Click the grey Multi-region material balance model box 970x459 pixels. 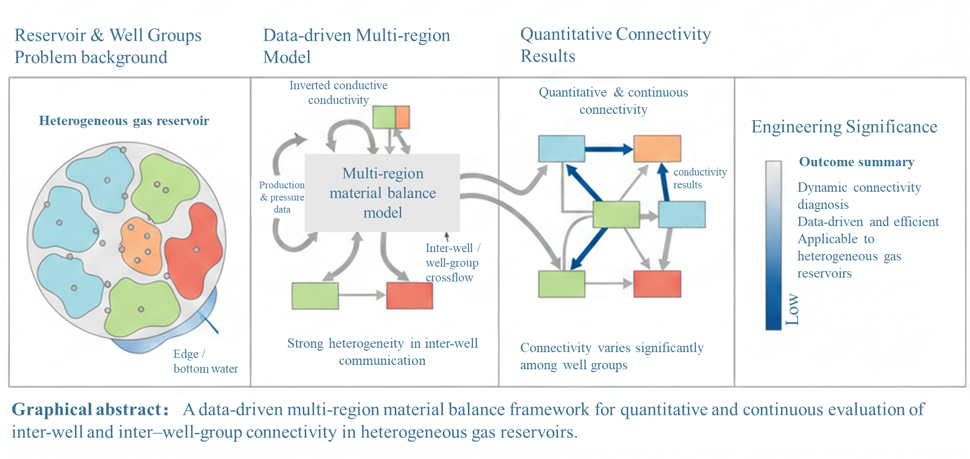[382, 193]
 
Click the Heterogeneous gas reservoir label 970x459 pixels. [124, 121]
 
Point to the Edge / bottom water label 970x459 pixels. [205, 361]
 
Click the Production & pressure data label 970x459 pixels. [282, 197]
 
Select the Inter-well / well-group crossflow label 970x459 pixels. [451, 263]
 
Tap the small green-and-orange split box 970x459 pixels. [391, 118]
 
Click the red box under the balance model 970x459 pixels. [410, 295]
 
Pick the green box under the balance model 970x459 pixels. [315, 295]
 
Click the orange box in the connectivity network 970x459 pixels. [657, 149]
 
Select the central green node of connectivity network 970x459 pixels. [616, 215]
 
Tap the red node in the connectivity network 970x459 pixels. [657, 284]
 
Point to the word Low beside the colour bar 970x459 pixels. [792, 309]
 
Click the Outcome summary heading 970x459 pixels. [856, 162]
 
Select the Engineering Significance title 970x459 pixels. [844, 127]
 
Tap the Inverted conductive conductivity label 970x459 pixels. [338, 93]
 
